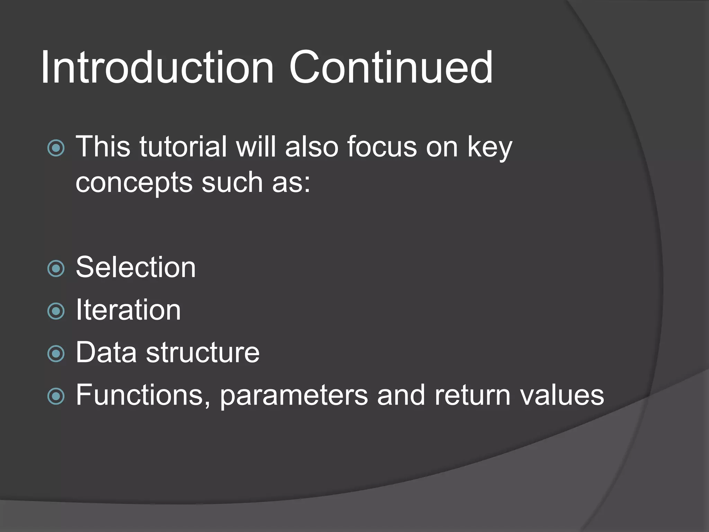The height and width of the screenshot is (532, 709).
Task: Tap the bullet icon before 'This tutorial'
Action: click(56, 148)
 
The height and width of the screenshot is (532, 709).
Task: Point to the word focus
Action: click(382, 147)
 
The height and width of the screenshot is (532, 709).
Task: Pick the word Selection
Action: click(136, 267)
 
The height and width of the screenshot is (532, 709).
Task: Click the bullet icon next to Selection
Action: click(56, 269)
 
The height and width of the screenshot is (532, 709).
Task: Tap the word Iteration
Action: click(128, 310)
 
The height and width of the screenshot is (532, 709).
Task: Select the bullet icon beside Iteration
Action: click(56, 311)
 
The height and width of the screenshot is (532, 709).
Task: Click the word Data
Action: click(106, 353)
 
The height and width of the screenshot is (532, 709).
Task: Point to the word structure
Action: click(203, 353)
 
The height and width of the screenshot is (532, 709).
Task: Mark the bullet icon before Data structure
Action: click(56, 354)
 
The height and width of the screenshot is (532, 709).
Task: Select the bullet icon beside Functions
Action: click(56, 396)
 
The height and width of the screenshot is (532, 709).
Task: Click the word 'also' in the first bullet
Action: click(312, 147)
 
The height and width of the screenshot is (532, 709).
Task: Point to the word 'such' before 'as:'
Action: click(232, 183)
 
